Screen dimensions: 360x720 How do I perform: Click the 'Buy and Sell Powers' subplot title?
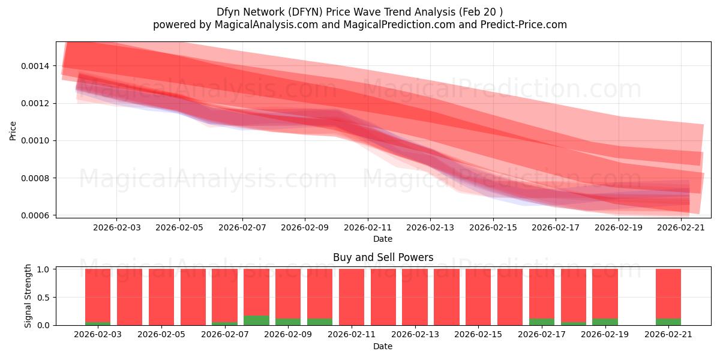(x=383, y=257)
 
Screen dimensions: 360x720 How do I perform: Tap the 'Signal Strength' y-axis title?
(x=28, y=296)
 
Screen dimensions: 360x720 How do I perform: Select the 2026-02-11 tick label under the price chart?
(x=367, y=227)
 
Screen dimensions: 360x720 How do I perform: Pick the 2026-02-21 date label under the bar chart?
(x=668, y=334)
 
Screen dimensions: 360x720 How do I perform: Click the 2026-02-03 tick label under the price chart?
(x=116, y=227)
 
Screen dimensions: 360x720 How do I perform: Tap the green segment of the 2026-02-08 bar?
(x=256, y=320)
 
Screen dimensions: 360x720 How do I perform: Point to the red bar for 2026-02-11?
(x=352, y=297)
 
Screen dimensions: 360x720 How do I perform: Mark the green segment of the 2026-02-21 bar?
(x=668, y=322)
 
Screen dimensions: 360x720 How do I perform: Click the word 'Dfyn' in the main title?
(x=229, y=12)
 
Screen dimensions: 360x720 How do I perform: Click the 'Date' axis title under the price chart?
(x=383, y=239)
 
